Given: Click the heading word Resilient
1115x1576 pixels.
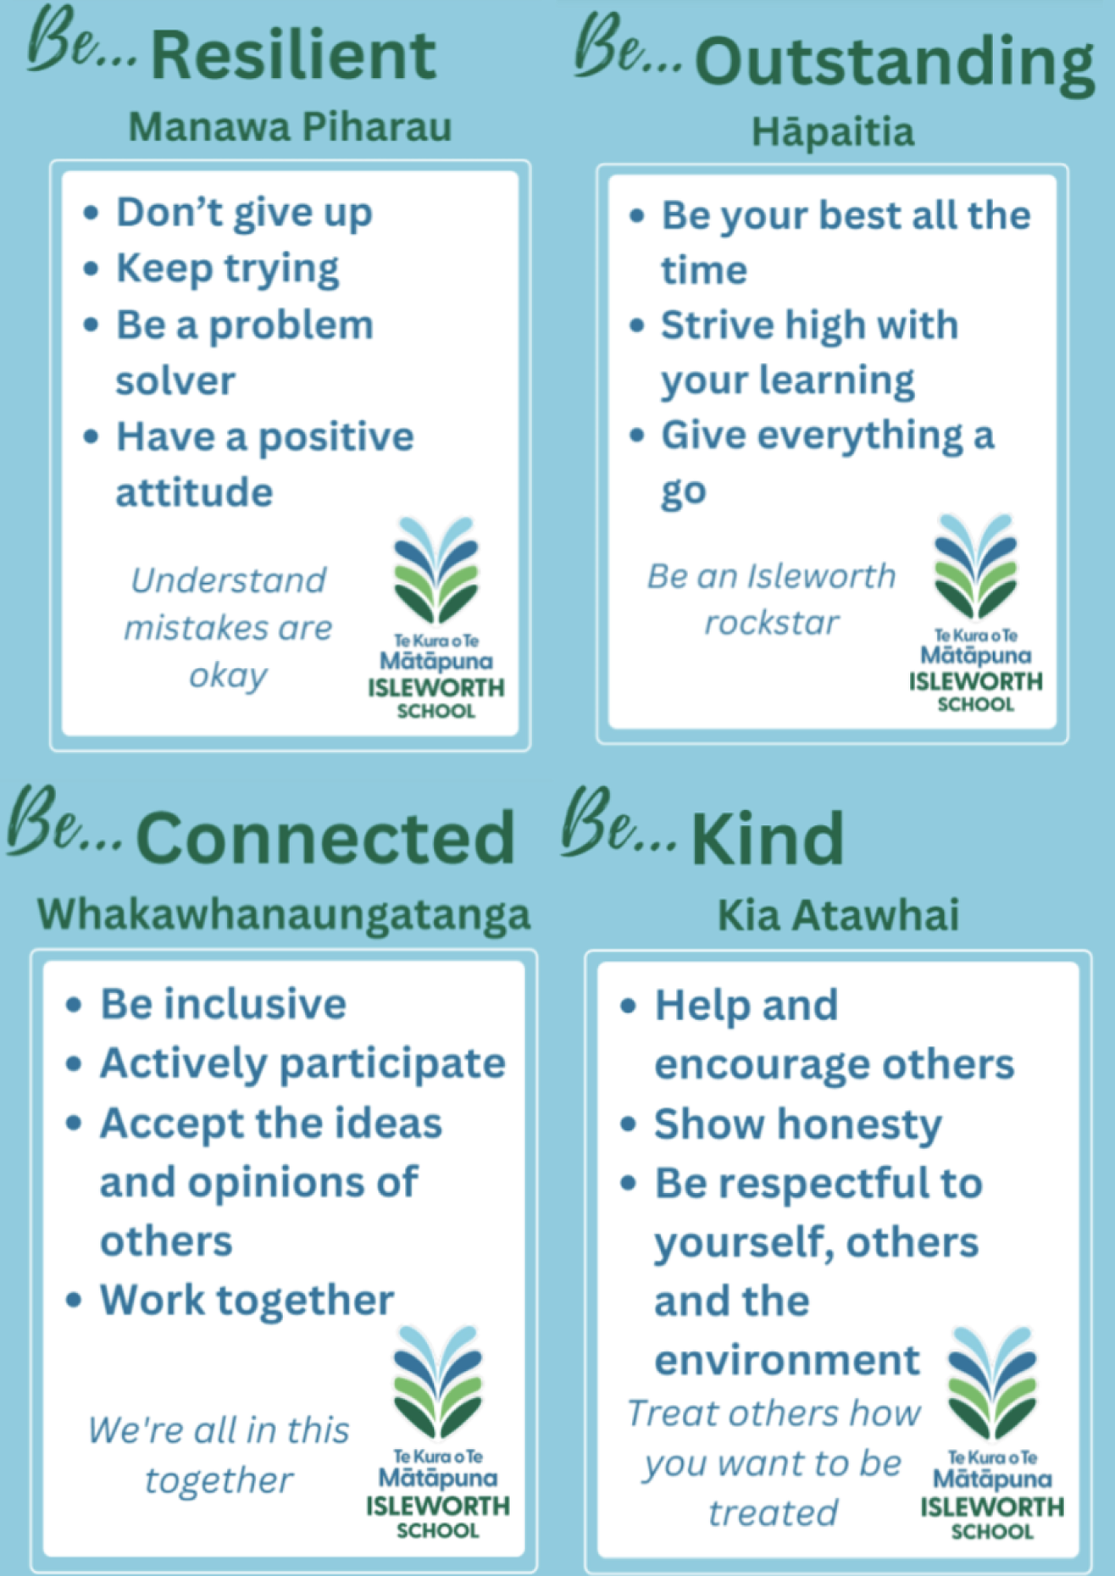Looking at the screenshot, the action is click(x=293, y=55).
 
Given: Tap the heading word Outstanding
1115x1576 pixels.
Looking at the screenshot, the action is click(x=894, y=63).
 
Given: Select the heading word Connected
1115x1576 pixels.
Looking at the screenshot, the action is click(x=325, y=838).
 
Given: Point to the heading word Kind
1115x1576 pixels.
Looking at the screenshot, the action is click(x=767, y=838).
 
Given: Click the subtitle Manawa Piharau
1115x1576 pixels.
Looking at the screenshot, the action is click(x=290, y=127).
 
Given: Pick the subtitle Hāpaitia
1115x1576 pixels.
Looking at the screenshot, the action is click(x=833, y=132).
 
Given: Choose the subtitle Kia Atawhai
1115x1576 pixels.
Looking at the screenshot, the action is click(x=838, y=916).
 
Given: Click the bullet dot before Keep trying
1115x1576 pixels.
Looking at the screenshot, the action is click(x=91, y=269).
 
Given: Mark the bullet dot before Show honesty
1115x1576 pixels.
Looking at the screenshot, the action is click(x=628, y=1124).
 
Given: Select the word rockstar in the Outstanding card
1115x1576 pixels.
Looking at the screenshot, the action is click(x=771, y=623).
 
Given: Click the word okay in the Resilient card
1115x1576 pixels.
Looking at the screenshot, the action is click(x=228, y=676).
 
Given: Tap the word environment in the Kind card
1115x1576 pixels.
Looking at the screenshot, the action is click(x=787, y=1361).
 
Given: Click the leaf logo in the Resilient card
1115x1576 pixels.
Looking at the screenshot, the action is click(x=437, y=570).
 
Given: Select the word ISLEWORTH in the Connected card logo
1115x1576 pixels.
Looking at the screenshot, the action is click(x=438, y=1506).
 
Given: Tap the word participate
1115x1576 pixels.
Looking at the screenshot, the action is click(x=392, y=1065).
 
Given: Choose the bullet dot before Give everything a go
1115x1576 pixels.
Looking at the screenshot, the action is click(x=637, y=436).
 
